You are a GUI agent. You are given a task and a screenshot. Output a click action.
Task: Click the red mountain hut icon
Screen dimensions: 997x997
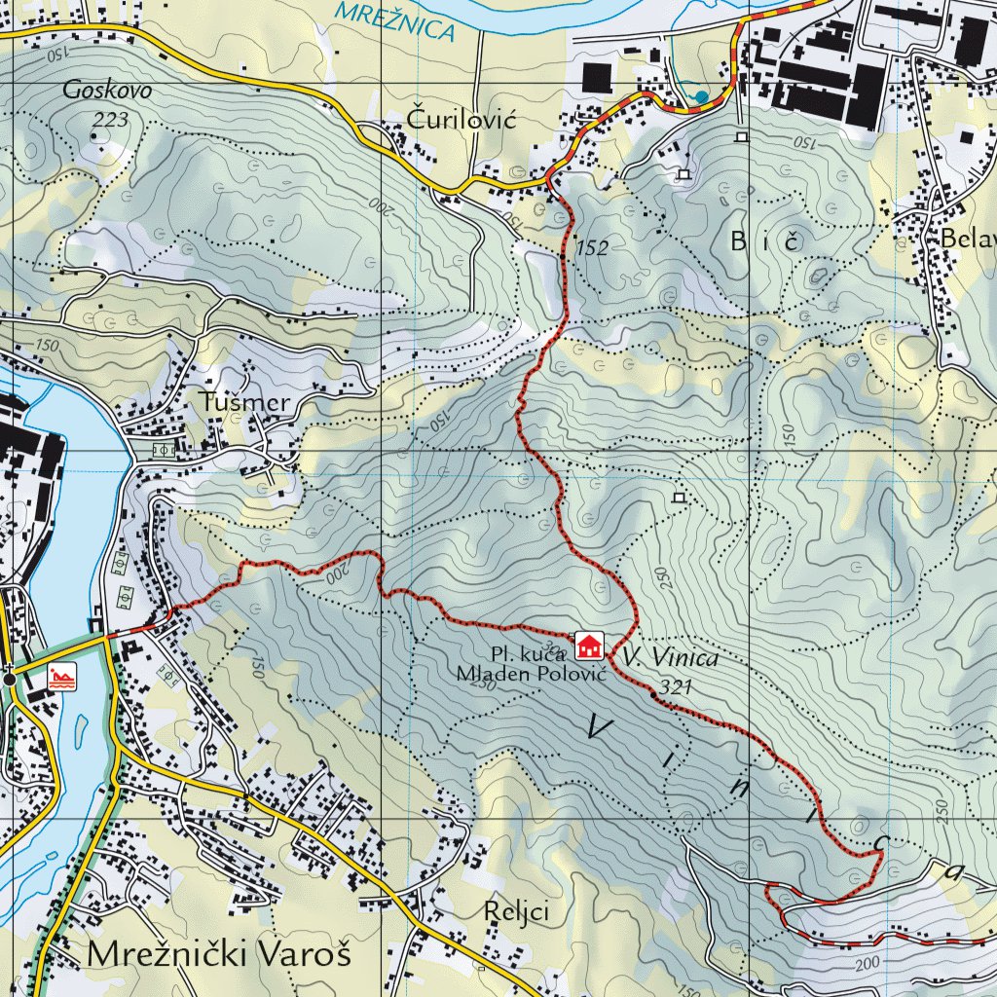coord(588,645)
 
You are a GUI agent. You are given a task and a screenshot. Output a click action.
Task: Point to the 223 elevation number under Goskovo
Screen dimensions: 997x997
coord(111,119)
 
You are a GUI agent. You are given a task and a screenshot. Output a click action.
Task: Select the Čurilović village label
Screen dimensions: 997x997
coord(460,119)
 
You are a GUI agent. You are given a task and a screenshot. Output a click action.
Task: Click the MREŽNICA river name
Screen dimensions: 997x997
coord(393,20)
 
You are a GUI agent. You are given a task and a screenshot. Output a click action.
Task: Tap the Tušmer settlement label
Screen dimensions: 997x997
coord(245,402)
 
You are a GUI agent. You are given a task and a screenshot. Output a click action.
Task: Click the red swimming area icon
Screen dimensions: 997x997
coord(61,676)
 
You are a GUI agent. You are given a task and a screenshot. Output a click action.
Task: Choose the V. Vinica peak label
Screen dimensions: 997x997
coord(674,659)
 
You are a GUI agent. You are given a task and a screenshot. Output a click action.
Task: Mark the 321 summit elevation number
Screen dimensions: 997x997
coord(675,687)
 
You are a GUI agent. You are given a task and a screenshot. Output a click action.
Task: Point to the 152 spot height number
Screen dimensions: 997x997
coord(591,248)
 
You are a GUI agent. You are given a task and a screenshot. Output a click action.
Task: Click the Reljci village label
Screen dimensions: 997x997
coord(517,912)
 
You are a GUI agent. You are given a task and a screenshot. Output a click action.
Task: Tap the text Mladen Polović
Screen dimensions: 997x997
coord(532,673)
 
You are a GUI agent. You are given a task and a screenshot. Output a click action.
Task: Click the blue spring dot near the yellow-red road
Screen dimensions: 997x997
coord(701,95)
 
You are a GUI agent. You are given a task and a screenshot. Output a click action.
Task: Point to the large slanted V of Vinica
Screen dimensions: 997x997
coord(602,725)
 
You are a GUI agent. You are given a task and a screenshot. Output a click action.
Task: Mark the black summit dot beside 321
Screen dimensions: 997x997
coord(651,693)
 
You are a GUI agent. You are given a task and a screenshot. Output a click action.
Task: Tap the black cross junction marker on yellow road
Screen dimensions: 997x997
coord(9,678)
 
